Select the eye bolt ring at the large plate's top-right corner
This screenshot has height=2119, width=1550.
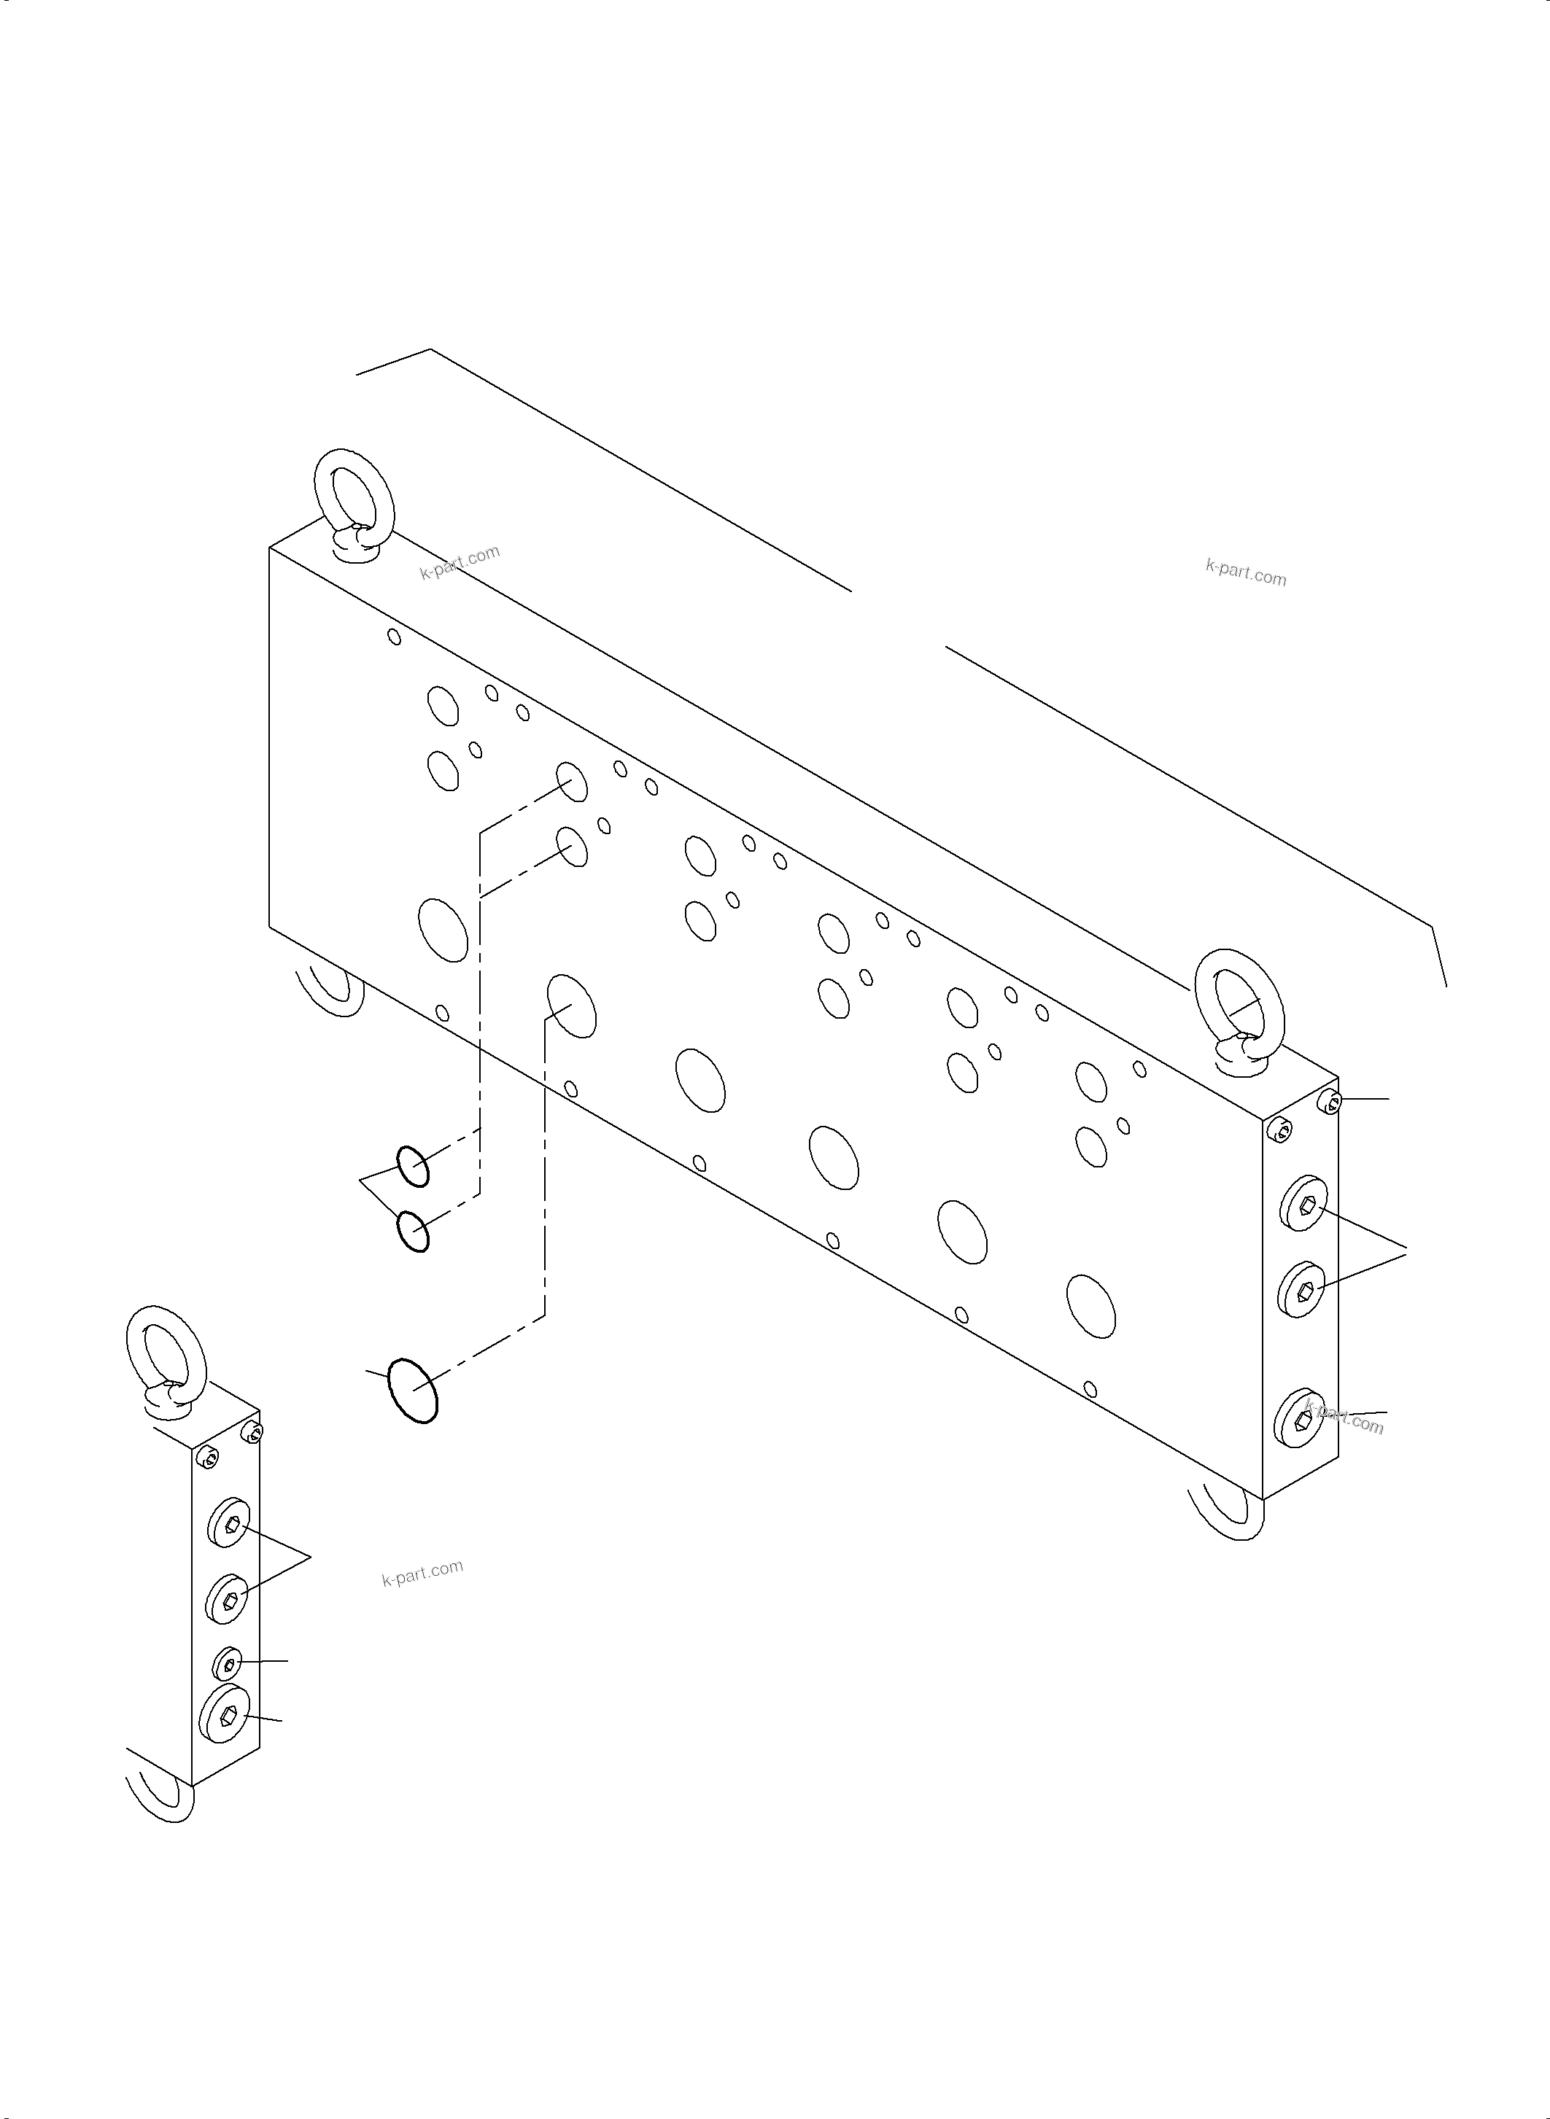point(1239,1008)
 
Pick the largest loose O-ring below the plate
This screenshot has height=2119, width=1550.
point(413,1390)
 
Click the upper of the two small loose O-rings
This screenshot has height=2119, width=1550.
point(413,1166)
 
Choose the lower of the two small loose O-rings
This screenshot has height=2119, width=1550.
point(413,1231)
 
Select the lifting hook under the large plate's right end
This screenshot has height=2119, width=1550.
point(1229,1517)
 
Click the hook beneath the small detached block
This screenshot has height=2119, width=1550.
point(164,1794)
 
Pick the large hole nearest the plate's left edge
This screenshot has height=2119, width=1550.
point(443,929)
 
